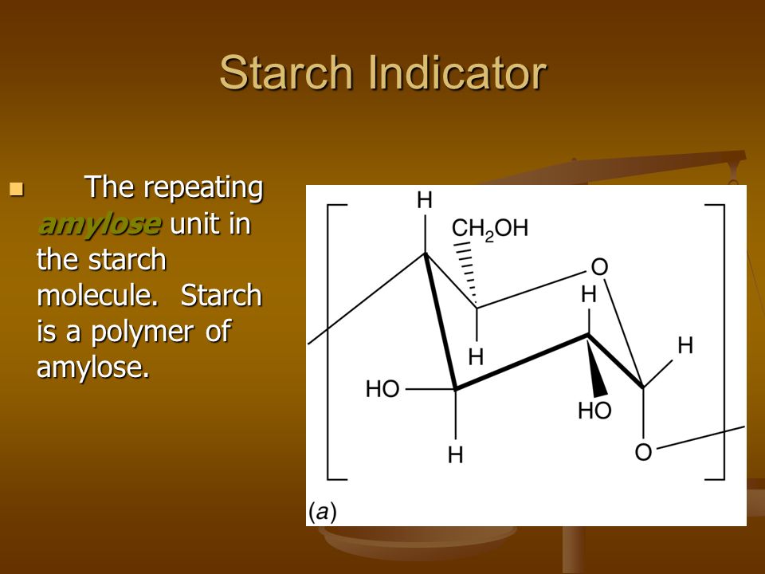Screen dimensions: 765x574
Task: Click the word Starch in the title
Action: (x=286, y=73)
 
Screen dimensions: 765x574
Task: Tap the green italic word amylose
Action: (x=99, y=225)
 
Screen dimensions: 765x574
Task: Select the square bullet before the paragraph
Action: (x=16, y=188)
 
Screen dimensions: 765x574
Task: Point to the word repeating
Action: (x=203, y=188)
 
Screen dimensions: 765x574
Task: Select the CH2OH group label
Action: (x=490, y=229)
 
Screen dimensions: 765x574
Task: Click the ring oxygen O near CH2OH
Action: (x=599, y=267)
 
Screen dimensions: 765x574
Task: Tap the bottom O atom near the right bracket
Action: (x=644, y=452)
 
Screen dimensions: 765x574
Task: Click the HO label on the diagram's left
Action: (x=383, y=390)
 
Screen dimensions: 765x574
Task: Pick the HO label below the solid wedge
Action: (x=594, y=411)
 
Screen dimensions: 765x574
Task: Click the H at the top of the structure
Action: (x=425, y=200)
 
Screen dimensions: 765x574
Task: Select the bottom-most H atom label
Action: (x=455, y=455)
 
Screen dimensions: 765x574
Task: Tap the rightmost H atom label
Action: (x=685, y=345)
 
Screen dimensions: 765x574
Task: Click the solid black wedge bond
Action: (x=596, y=366)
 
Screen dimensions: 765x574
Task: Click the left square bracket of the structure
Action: (x=328, y=342)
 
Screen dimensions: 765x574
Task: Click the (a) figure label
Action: (x=322, y=513)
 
